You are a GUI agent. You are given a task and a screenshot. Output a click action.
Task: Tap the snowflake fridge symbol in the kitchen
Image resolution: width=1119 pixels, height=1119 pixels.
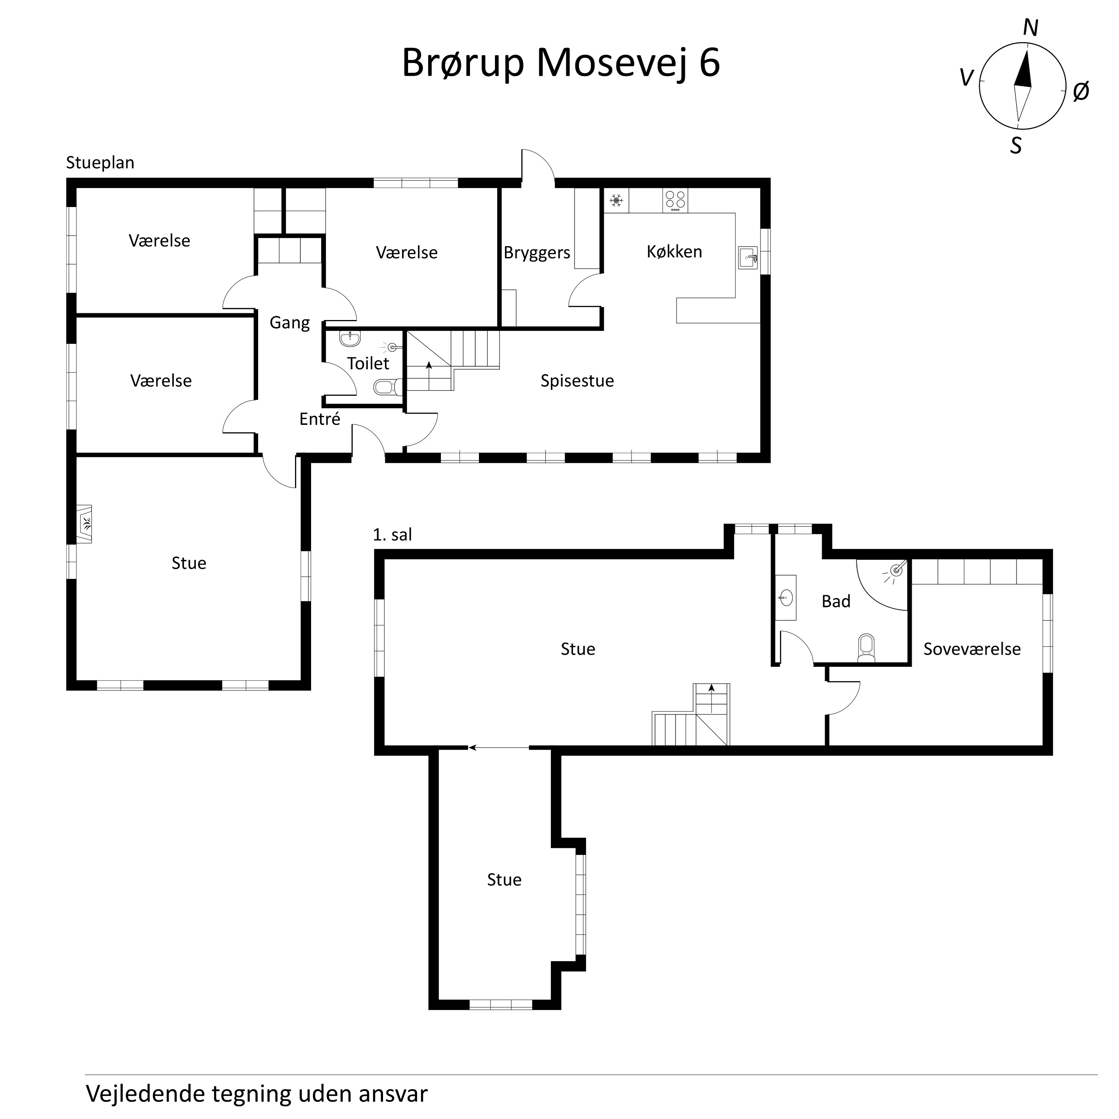click(x=616, y=201)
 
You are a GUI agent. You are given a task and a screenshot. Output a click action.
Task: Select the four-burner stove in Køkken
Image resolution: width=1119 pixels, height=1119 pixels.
click(x=676, y=200)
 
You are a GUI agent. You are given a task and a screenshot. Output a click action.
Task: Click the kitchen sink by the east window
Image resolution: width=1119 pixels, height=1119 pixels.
click(x=748, y=257)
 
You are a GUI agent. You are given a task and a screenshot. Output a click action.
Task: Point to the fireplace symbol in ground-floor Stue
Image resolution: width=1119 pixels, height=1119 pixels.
click(x=85, y=524)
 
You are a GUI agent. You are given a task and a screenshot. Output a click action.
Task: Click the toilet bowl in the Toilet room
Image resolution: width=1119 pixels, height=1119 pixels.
click(x=386, y=386)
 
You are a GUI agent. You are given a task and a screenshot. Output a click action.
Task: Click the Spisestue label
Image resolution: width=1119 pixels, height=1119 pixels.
click(x=577, y=380)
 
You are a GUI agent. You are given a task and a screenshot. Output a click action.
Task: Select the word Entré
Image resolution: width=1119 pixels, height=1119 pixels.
click(x=320, y=419)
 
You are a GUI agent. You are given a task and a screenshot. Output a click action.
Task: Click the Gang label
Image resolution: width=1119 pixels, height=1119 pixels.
click(x=289, y=323)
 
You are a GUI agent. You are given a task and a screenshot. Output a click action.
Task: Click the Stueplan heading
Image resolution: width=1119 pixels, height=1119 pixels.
click(x=100, y=163)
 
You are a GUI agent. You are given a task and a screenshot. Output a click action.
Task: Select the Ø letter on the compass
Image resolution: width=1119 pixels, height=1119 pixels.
click(x=1081, y=91)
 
